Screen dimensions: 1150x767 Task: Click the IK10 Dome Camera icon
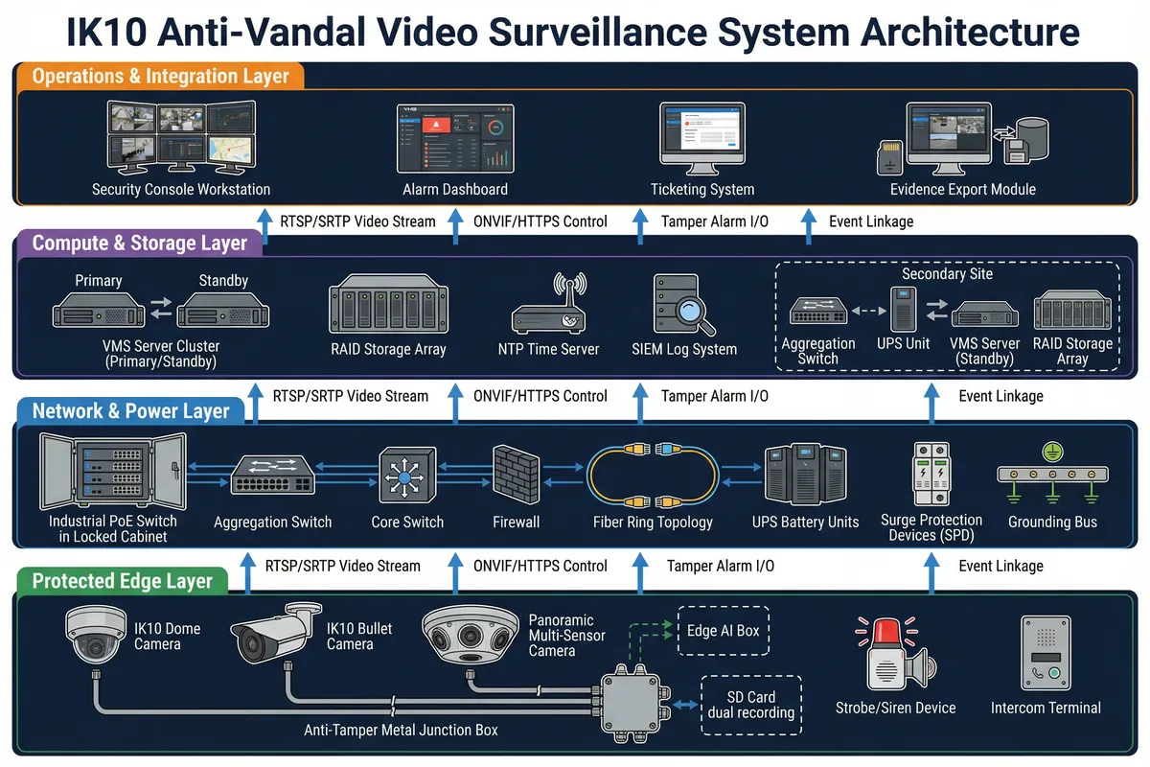[96, 635]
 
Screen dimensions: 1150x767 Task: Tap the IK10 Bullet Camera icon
[276, 633]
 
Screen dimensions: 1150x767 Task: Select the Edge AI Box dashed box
[723, 631]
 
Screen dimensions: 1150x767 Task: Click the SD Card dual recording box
[751, 705]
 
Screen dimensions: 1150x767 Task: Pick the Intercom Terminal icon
[1046, 653]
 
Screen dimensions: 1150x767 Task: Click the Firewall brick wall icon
[516, 475]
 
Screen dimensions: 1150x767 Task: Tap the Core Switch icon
[407, 475]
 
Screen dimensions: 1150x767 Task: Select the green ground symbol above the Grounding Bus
[1052, 452]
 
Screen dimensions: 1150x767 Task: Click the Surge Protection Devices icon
[931, 474]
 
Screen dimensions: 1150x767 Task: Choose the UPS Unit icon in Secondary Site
[903, 309]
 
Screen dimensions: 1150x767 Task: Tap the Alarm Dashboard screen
[455, 139]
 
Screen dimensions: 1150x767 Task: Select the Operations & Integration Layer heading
[161, 76]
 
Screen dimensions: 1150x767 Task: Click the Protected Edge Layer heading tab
[123, 581]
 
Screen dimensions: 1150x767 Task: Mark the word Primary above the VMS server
[99, 281]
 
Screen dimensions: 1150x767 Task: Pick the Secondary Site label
[947, 274]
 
